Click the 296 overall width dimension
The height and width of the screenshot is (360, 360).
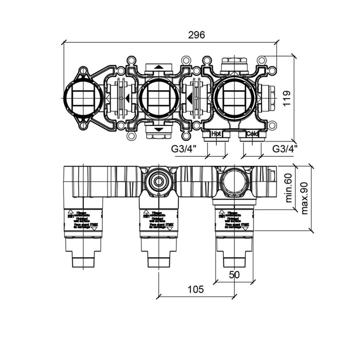click(x=196, y=35)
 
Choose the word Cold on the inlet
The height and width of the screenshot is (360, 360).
click(x=252, y=134)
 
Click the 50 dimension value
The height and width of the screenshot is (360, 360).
click(x=234, y=275)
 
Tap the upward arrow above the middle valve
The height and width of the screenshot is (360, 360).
click(x=159, y=67)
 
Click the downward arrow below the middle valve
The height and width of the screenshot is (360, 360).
click(x=159, y=130)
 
